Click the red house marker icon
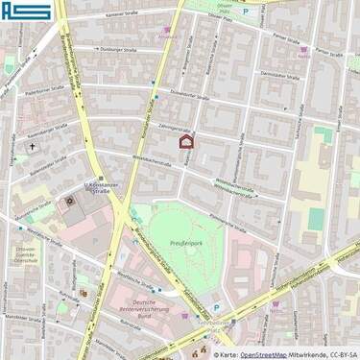[x=187, y=142]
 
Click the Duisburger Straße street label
[x=121, y=50]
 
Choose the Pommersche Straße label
[x=228, y=220]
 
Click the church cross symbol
[x=31, y=147]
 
